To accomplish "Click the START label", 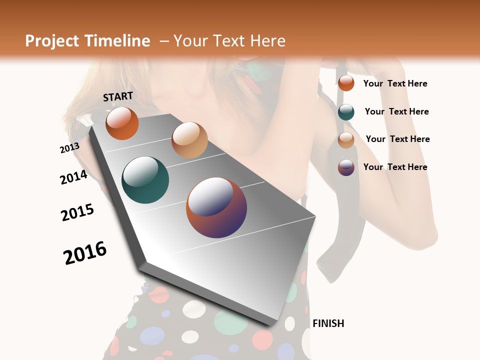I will (x=118, y=96).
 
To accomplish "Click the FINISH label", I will (x=328, y=323).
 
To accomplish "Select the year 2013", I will (x=69, y=148).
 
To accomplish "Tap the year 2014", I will (x=73, y=177).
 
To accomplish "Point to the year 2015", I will (x=77, y=213).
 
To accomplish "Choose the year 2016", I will (x=85, y=253).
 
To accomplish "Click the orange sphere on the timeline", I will (x=122, y=123).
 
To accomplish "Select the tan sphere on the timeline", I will (x=189, y=140).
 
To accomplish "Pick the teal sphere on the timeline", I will (x=145, y=180).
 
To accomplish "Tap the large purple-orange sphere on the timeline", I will (x=216, y=207).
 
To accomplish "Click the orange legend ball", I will (x=346, y=83).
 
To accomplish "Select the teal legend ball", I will (x=346, y=112).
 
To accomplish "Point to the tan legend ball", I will (x=346, y=140).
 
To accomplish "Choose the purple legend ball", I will (x=346, y=167).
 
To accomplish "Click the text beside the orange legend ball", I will (x=395, y=83).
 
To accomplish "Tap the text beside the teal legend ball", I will (x=396, y=111).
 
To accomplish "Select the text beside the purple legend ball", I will (x=395, y=167).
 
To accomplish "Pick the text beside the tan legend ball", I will (x=397, y=139).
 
